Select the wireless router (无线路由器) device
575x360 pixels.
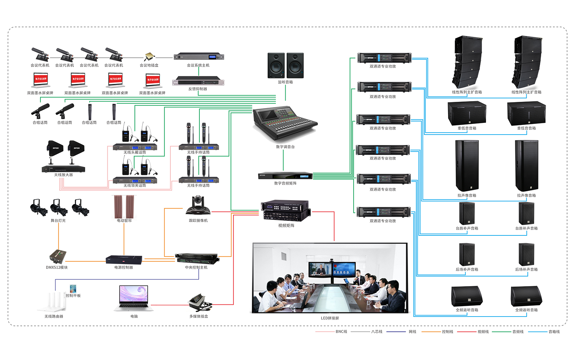coord(53,302)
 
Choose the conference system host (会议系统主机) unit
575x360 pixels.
coord(199,57)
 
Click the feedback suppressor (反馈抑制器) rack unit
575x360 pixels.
coord(198,81)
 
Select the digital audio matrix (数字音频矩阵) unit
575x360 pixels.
coord(285,176)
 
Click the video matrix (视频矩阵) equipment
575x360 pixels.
coord(286,211)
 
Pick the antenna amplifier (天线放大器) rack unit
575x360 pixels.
coord(63,169)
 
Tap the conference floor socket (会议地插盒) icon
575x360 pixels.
coord(149,56)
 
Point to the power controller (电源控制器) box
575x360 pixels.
coord(124,260)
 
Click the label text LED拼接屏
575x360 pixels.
coord(330,318)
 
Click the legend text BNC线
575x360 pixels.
coord(341,332)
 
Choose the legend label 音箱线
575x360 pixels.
coord(554,332)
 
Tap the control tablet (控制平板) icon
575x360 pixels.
coord(73,289)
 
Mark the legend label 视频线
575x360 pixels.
coord(483,332)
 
